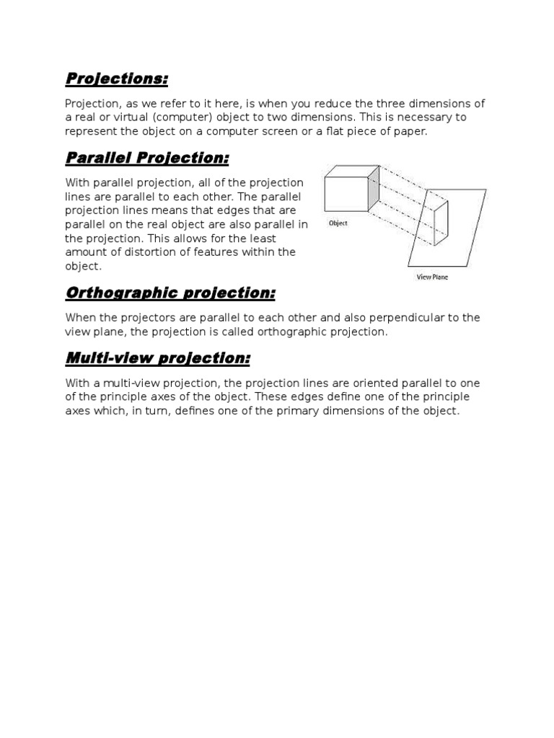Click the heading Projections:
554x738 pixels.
point(116,79)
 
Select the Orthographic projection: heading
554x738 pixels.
point(170,293)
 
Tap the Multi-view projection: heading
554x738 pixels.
point(157,358)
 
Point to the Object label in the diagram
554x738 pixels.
point(338,223)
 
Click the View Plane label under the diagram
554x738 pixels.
point(432,277)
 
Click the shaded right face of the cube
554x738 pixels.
point(373,190)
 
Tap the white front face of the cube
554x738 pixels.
point(346,193)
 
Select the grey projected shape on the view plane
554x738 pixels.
point(441,224)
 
